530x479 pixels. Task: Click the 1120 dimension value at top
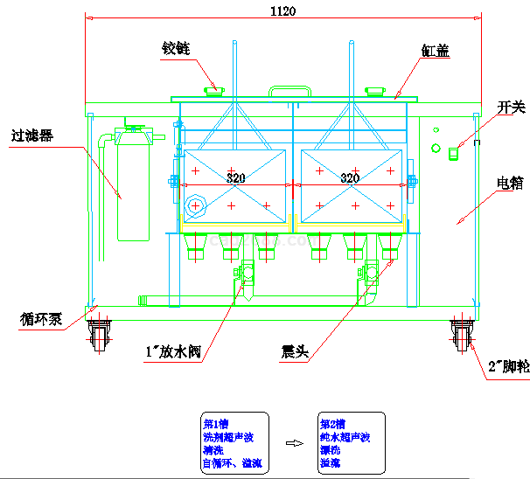click(282, 11)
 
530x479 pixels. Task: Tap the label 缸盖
click(435, 51)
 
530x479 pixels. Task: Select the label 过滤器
click(32, 135)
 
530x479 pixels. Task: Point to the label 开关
click(511, 108)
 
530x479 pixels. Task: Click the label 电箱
click(509, 183)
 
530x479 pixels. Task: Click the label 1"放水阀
click(174, 353)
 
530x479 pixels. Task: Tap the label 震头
click(292, 353)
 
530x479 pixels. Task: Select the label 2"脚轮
click(508, 367)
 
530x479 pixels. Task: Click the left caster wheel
click(98, 335)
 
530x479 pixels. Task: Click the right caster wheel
click(462, 335)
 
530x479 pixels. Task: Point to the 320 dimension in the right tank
click(350, 178)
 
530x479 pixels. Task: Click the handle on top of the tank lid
click(289, 90)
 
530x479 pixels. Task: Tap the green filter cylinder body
click(134, 188)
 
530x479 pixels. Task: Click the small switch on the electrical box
click(453, 154)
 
